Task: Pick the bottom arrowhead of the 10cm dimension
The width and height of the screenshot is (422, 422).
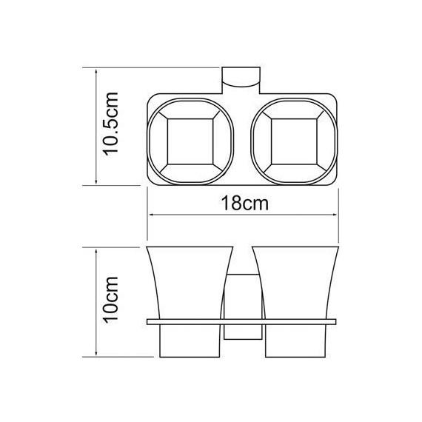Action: [97, 355]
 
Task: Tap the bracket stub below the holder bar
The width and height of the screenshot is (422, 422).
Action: [244, 333]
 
